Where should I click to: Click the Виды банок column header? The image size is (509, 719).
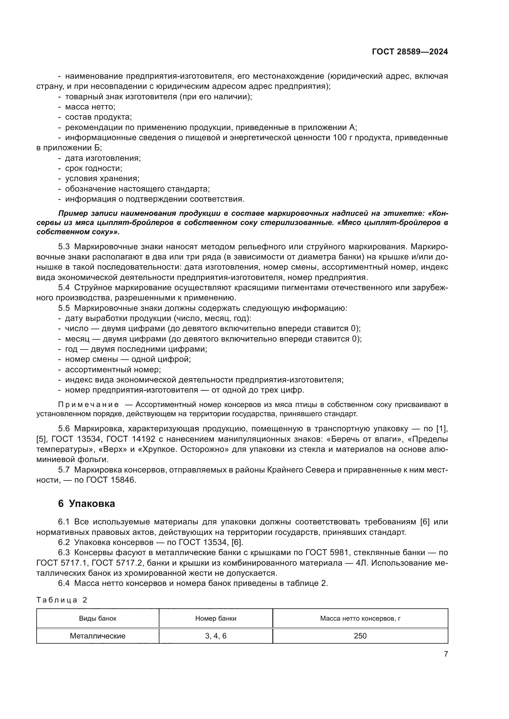(x=98, y=618)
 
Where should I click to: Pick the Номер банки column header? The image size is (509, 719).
(x=216, y=618)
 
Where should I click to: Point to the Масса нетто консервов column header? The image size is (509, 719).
(x=360, y=618)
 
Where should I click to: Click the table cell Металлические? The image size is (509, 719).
(x=98, y=636)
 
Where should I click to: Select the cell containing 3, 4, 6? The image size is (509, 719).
(x=216, y=636)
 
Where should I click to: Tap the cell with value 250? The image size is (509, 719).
(x=360, y=636)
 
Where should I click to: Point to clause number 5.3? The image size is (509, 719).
(x=64, y=247)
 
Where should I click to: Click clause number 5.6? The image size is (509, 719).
(x=64, y=429)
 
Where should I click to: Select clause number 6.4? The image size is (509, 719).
(x=64, y=583)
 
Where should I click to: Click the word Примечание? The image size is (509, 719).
(x=88, y=405)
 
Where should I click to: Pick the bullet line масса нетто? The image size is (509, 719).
(x=90, y=107)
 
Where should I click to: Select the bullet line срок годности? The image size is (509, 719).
(x=94, y=168)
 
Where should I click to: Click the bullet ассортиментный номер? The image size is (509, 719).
(x=113, y=369)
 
